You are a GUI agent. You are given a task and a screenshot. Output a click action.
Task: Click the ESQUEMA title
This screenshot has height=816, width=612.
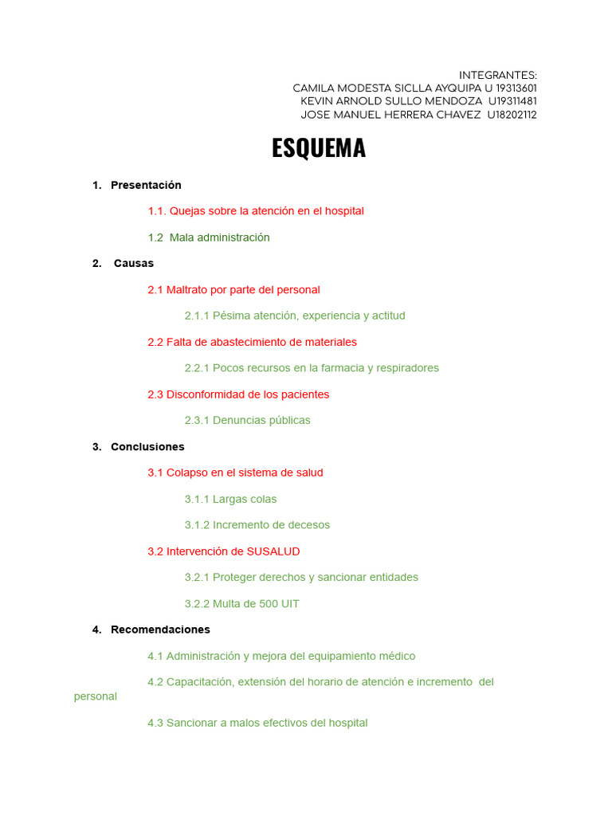[319, 148]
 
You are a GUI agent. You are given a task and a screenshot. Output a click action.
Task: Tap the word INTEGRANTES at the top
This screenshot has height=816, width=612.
[497, 75]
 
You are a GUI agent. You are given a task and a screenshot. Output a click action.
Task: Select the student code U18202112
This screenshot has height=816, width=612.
[512, 115]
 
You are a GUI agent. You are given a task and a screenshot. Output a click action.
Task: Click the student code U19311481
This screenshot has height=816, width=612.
[512, 101]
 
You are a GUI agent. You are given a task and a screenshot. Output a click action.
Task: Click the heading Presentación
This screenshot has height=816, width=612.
[146, 185]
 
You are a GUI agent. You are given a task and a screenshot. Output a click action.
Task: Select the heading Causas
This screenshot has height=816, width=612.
[134, 263]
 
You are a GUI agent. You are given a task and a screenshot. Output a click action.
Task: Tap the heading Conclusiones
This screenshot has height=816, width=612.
[147, 447]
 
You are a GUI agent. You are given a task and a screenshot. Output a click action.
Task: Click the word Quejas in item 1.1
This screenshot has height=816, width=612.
[188, 211]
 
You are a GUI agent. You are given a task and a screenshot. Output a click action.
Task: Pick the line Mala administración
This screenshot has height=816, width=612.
[219, 237]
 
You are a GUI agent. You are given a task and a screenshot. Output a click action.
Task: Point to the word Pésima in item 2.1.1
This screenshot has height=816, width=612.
[231, 316]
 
